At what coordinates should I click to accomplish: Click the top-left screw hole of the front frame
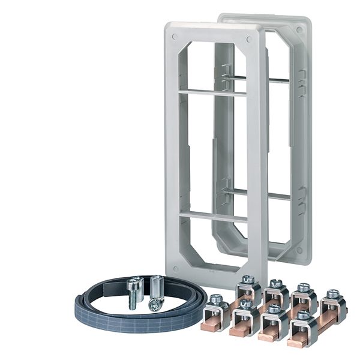(x=175, y=37)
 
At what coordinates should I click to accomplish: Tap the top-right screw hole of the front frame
(x=248, y=40)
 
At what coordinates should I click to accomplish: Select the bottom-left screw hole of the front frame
(x=174, y=265)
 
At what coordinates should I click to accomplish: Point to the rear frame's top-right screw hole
(x=299, y=28)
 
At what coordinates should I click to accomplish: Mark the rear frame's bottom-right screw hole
(x=299, y=250)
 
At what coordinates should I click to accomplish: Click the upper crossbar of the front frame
(x=212, y=92)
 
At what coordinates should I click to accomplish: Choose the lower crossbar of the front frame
(x=213, y=216)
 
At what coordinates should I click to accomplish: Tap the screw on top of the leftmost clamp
(x=216, y=298)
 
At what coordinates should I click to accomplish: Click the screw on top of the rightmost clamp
(x=333, y=293)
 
